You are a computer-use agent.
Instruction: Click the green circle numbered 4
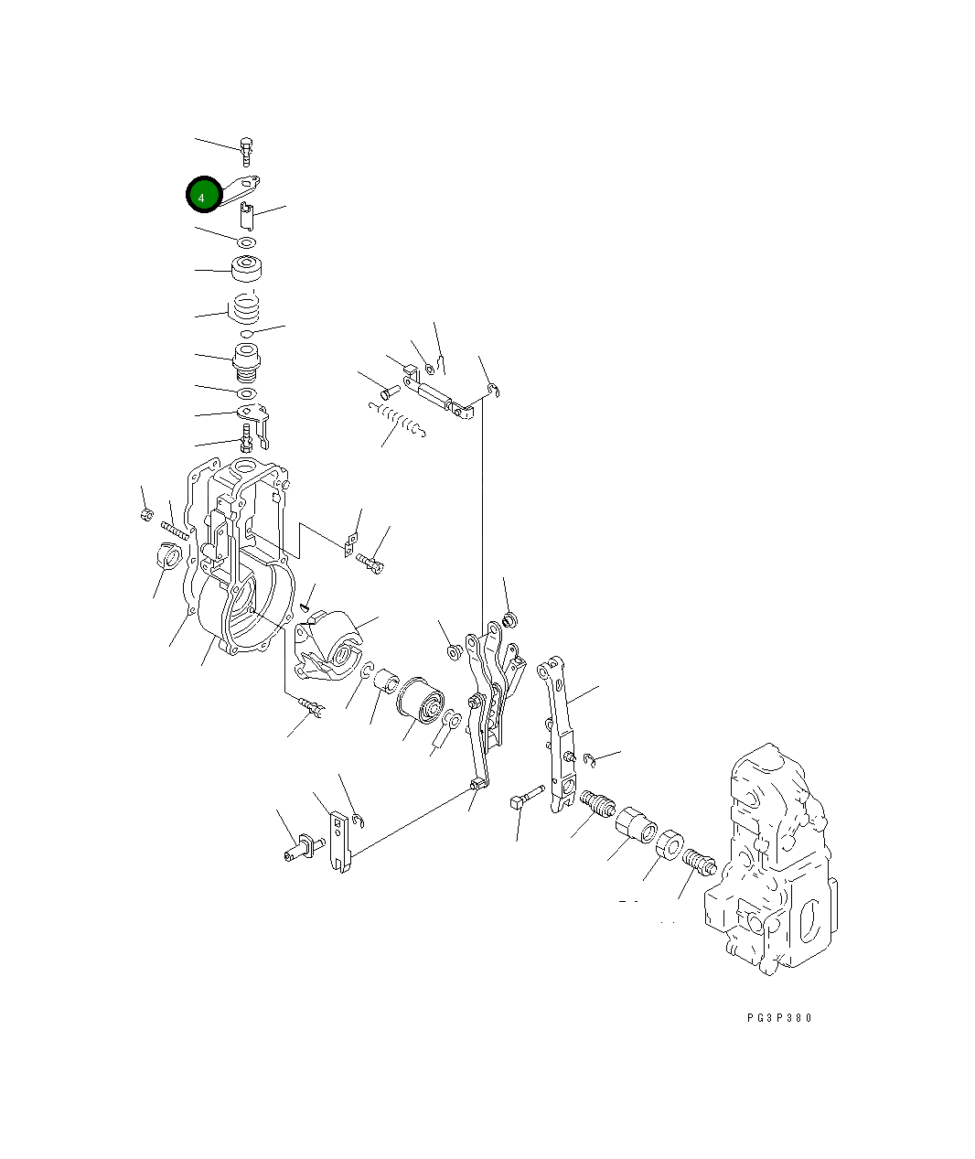pos(204,194)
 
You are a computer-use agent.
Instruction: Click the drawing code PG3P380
pos(779,1017)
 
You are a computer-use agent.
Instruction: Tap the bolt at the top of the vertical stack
pos(246,152)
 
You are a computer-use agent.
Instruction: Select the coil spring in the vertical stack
pos(246,308)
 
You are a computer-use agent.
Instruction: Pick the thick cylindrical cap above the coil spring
pos(246,268)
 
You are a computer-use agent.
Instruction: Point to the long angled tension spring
pos(397,420)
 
